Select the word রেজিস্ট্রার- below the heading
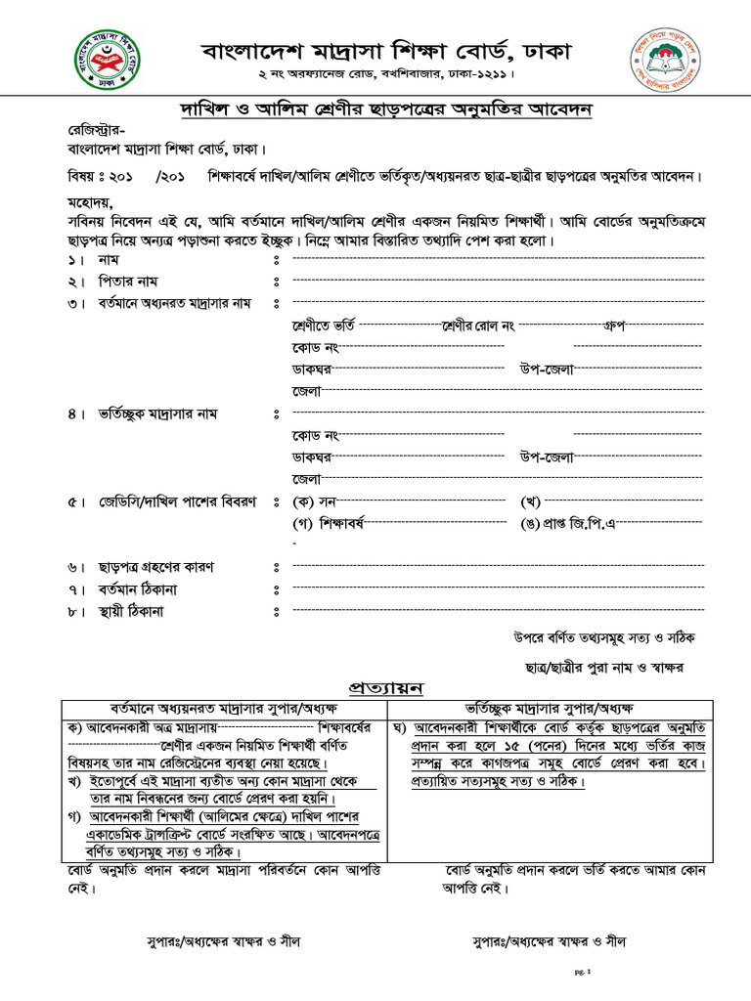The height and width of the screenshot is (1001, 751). tap(95, 130)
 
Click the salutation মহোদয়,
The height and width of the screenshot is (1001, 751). tap(90, 202)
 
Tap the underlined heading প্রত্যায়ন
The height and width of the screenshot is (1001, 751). tap(386, 688)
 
